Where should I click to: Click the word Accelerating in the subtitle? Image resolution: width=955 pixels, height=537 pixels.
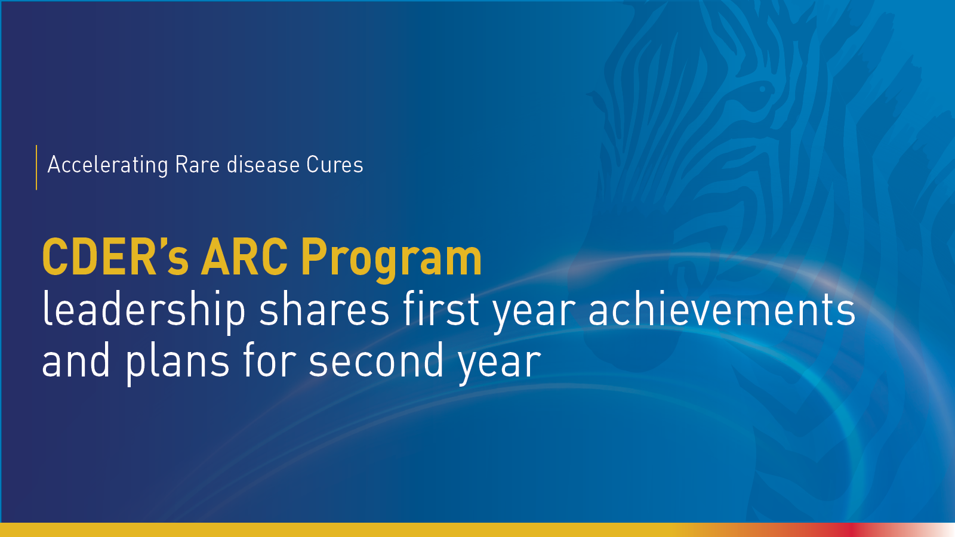pyautogui.click(x=107, y=165)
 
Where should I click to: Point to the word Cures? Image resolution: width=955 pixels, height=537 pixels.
pyautogui.click(x=335, y=165)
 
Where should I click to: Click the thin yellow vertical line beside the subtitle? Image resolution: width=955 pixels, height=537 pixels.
pyautogui.click(x=36, y=167)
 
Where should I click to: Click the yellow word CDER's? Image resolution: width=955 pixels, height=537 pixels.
pyautogui.click(x=115, y=258)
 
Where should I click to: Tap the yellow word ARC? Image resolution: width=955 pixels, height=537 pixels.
pyautogui.click(x=244, y=258)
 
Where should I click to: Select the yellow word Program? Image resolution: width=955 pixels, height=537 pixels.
pyautogui.click(x=391, y=260)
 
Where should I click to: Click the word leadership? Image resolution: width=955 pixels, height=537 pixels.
pyautogui.click(x=144, y=312)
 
